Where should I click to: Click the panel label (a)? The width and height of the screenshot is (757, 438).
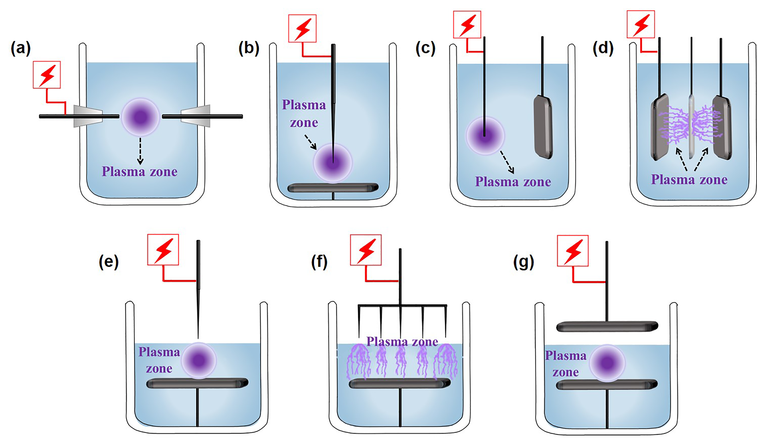tap(20, 48)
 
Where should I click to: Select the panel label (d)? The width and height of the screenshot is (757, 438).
tap(603, 48)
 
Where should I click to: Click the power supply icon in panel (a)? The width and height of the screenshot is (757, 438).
tap(47, 75)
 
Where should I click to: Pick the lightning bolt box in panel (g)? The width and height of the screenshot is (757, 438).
tap(573, 251)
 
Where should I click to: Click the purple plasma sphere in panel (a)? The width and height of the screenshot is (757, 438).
tap(140, 117)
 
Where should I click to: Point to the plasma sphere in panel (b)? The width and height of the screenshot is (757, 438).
tap(333, 163)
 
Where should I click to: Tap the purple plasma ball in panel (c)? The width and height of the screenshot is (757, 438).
tap(485, 136)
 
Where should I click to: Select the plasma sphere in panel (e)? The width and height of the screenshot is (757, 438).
tap(199, 360)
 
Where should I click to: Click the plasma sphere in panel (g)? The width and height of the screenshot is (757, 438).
tap(607, 363)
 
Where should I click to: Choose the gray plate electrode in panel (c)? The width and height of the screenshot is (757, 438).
tap(543, 126)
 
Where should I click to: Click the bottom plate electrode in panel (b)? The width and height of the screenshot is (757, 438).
tap(333, 188)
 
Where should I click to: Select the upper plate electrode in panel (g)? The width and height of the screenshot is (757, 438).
tap(607, 326)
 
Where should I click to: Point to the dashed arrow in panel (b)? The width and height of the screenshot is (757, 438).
tap(310, 142)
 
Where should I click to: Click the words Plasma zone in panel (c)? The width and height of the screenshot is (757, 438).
tap(513, 182)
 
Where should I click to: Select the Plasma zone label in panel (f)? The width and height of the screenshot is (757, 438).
tap(402, 341)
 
